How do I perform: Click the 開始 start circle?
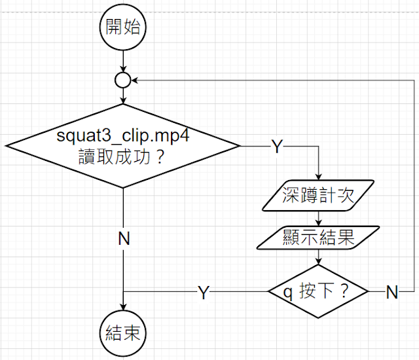point(123,28)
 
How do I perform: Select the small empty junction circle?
point(123,80)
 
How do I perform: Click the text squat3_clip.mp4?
point(123,137)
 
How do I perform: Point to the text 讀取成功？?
point(123,156)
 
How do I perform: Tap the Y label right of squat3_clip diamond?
point(276,147)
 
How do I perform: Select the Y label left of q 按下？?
point(204,293)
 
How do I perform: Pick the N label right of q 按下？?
point(392,293)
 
